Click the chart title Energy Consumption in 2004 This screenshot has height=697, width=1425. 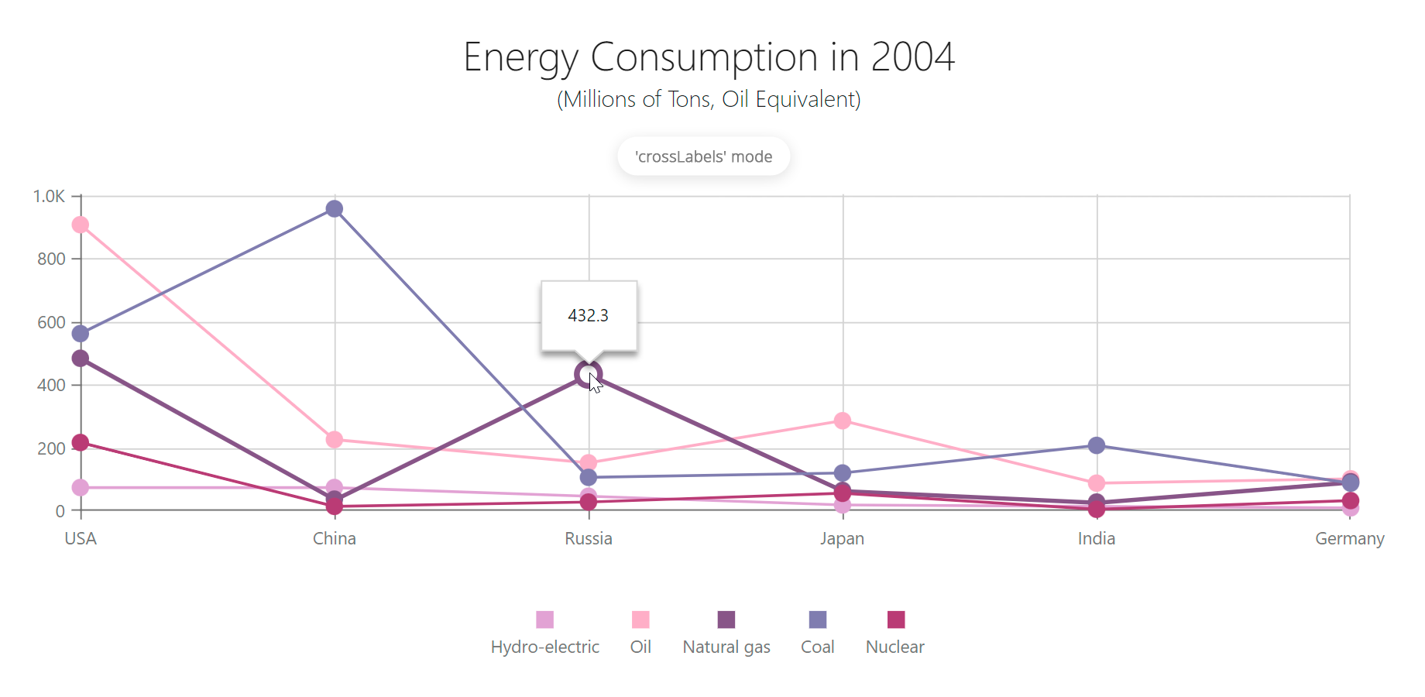709,57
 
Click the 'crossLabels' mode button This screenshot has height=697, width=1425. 703,156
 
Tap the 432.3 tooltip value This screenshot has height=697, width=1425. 589,316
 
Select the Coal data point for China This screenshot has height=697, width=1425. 335,209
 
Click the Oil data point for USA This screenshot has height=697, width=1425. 81,225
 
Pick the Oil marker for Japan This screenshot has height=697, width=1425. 843,421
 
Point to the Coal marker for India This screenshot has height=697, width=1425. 1097,445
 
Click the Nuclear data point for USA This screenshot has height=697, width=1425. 81,443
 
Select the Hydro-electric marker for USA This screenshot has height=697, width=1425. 81,488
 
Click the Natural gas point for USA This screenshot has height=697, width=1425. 81,359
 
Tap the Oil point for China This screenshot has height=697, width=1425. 335,440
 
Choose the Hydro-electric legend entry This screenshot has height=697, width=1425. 545,647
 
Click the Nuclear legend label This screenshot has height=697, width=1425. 894,647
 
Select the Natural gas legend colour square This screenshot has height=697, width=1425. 726,620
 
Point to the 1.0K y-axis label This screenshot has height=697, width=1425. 49,197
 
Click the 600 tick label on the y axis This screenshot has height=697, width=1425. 51,322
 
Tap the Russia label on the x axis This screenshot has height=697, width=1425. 589,539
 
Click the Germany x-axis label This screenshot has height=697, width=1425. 1350,539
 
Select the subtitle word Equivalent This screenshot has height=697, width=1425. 808,100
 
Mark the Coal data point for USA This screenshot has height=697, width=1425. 81,334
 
